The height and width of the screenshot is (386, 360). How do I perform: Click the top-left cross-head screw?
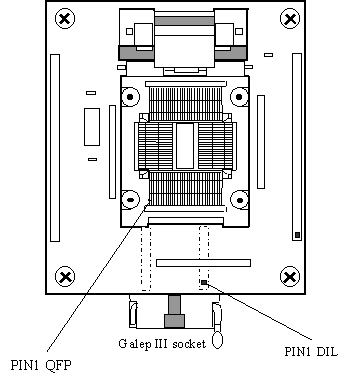65,18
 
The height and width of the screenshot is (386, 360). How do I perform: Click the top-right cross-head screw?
290,18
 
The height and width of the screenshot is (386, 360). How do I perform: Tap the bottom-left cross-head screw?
65,276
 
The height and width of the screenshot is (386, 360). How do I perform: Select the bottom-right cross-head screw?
290,276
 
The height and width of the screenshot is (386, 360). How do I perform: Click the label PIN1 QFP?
41,365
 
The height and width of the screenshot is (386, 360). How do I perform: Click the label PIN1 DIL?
311,352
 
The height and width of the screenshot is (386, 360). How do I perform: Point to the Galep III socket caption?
162,343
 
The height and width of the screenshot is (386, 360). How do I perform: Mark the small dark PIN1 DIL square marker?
204,283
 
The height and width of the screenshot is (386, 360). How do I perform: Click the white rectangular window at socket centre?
185,146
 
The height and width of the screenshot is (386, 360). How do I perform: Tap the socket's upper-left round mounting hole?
130,97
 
